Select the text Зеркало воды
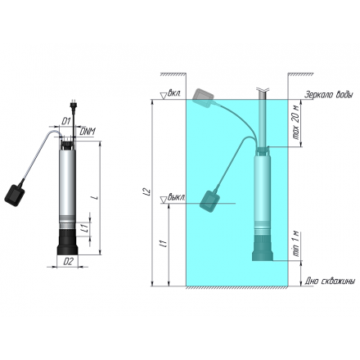coord(329,94)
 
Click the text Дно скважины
coord(329,281)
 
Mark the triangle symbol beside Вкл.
coord(164,96)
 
